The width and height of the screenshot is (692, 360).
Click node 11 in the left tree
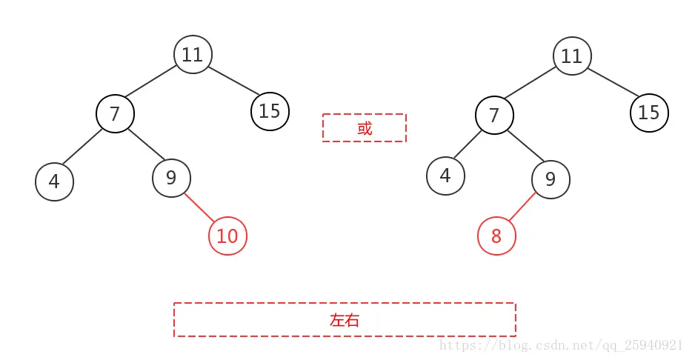coord(193,54)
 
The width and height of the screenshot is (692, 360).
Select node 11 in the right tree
coord(573,56)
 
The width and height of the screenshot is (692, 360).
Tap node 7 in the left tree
coord(115,113)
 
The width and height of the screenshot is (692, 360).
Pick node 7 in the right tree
coord(495,115)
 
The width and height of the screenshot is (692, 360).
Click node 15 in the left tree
coord(270,111)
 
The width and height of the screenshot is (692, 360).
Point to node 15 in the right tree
coord(650,113)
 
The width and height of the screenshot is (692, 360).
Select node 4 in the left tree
coord(54,181)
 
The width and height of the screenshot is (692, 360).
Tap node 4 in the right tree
coord(446,176)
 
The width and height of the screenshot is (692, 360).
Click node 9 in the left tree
coord(172,178)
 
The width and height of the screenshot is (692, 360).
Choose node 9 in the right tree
coord(550,179)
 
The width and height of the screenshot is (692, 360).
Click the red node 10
coord(227,236)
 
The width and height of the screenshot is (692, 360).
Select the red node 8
coord(496,236)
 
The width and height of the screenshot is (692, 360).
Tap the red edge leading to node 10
coord(199,207)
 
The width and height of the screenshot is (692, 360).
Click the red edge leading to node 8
coord(522,207)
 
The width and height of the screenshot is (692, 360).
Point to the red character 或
coord(365,128)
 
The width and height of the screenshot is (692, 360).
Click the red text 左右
coord(345,320)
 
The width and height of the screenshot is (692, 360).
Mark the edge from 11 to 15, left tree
coord(233,81)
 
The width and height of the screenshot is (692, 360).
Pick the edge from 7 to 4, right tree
coord(468,144)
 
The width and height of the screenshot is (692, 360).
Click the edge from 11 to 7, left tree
coord(151,81)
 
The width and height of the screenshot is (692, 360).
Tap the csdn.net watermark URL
coord(561,345)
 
